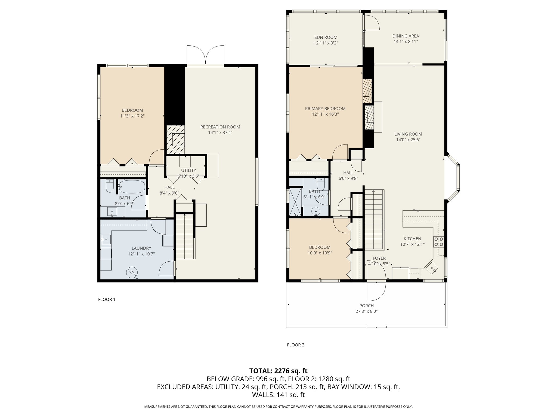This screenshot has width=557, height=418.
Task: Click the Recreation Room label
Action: [220, 127]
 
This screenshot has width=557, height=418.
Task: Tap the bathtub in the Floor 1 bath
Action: [132, 186]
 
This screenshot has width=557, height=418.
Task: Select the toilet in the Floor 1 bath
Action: [110, 186]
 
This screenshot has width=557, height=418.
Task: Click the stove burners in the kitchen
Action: [439, 242]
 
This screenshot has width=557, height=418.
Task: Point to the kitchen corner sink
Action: [432, 268]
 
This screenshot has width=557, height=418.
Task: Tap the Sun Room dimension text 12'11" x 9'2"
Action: [326, 43]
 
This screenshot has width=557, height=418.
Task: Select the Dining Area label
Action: [406, 36]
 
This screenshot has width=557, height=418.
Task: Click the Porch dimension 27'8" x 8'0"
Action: [366, 311]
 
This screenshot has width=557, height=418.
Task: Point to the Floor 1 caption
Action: [107, 299]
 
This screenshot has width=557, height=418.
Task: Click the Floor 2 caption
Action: [295, 345]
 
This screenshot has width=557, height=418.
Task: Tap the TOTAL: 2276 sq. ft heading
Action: [278, 371]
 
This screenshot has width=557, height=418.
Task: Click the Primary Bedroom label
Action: [325, 109]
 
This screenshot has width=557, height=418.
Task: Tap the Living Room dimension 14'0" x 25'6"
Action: [408, 140]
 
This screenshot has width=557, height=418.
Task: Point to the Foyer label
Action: [379, 258]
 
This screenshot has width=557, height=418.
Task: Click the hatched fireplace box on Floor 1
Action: [175, 139]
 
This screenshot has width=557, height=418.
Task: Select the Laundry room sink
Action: [106, 239]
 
